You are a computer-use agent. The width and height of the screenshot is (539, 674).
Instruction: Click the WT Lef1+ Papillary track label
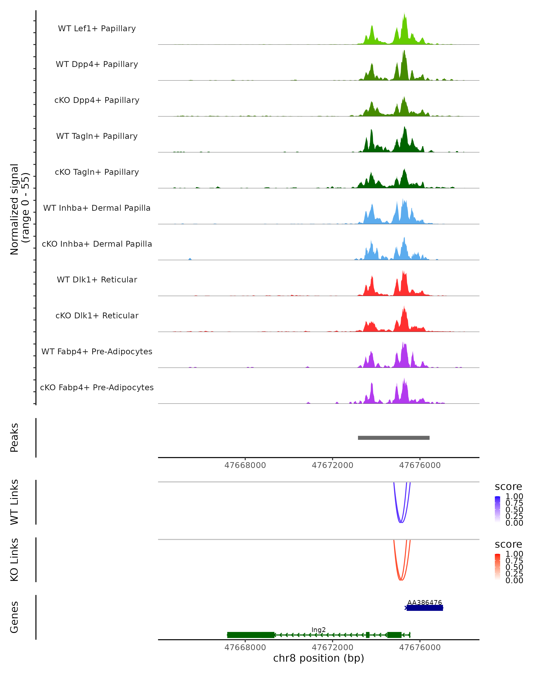click(97, 29)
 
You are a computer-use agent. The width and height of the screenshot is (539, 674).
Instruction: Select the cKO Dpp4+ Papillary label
click(97, 100)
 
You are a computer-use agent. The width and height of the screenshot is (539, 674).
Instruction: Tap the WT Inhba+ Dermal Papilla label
click(97, 208)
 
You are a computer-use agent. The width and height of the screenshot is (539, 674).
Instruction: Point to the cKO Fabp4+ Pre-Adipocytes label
click(97, 388)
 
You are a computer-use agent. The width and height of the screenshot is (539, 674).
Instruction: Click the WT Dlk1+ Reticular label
click(97, 280)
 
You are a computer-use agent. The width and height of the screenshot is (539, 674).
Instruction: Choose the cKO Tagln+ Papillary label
click(97, 172)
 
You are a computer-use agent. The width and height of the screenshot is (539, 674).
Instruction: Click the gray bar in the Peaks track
click(393, 438)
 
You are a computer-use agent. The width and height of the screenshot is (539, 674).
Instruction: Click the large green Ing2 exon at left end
click(251, 635)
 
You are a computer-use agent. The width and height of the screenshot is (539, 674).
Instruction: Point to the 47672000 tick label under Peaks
click(332, 465)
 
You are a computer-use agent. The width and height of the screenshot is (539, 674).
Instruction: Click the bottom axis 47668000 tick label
click(245, 647)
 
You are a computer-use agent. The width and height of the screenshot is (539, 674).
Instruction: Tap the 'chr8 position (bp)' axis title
click(318, 658)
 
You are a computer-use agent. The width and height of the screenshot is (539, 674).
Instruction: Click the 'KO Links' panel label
click(14, 560)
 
